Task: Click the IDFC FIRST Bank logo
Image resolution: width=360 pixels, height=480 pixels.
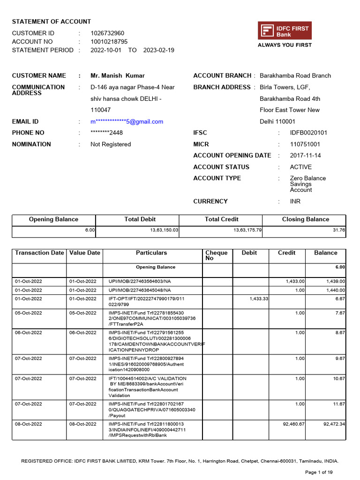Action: (285, 31)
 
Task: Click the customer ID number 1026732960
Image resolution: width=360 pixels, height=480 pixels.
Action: (107, 33)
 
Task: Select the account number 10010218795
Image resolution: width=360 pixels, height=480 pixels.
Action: (109, 42)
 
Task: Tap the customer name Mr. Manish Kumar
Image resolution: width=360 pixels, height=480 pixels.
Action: (118, 75)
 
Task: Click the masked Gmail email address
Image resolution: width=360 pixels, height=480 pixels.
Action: (127, 121)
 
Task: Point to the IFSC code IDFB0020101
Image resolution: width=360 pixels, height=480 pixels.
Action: (308, 133)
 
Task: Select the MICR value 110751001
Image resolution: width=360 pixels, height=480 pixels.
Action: (305, 144)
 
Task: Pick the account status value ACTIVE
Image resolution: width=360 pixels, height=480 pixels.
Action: (300, 167)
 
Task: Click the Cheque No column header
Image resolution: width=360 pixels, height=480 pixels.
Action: (216, 255)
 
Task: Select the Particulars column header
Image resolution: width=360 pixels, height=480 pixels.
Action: (151, 253)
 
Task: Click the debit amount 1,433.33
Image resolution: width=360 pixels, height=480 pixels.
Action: (258, 299)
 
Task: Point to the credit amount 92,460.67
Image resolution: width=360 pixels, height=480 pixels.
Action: (293, 424)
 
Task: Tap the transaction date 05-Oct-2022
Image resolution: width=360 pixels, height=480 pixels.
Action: (29, 313)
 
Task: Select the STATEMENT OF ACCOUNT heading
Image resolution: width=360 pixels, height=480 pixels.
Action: (52, 22)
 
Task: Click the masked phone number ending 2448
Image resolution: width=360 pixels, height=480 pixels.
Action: (106, 133)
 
